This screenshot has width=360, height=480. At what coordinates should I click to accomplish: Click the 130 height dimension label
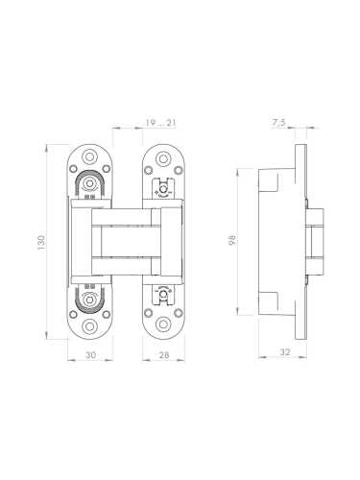click(x=41, y=242)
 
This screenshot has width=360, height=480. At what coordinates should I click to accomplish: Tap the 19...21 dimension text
click(x=160, y=123)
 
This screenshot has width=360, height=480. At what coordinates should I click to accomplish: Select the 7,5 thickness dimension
click(x=278, y=123)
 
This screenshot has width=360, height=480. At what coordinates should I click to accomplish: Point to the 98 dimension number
click(x=232, y=240)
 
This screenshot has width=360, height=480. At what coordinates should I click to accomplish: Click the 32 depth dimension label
click(x=284, y=352)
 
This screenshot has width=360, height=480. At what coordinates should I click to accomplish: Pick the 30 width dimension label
click(x=90, y=355)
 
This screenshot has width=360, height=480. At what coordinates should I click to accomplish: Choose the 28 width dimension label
click(x=164, y=355)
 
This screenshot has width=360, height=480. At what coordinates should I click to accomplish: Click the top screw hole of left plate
click(x=89, y=156)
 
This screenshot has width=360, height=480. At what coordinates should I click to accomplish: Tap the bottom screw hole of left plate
click(x=89, y=326)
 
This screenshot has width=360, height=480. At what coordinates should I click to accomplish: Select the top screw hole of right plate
click(x=163, y=158)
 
